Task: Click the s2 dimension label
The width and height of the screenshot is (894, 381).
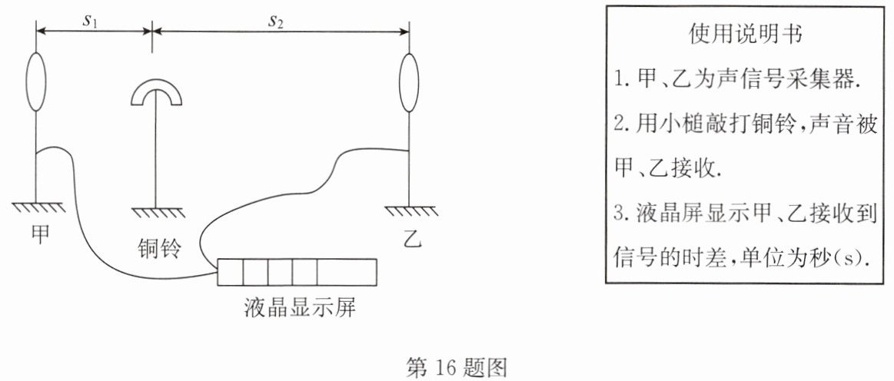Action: tap(276, 22)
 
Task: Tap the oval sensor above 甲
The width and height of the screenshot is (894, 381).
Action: tap(35, 81)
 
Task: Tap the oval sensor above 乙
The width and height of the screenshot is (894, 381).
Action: tap(409, 83)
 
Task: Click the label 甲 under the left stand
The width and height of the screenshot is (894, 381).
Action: tap(39, 234)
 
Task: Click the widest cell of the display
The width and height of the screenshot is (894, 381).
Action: tap(347, 272)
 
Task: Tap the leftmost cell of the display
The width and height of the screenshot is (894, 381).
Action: tap(231, 272)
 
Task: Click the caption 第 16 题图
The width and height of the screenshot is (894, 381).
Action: tap(456, 367)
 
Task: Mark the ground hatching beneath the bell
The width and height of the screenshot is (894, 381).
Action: tap(158, 212)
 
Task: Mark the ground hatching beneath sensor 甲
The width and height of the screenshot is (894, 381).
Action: tap(38, 207)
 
